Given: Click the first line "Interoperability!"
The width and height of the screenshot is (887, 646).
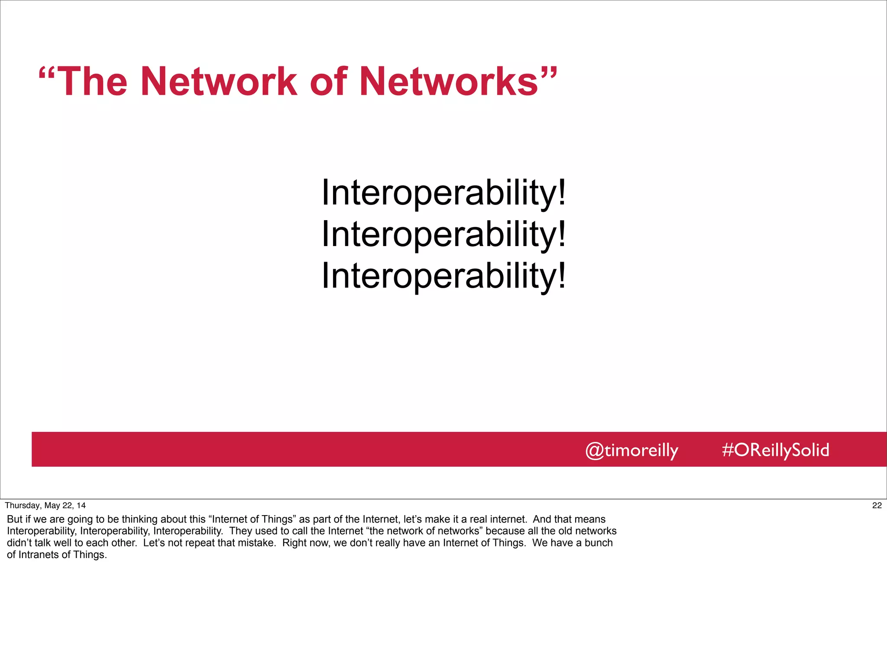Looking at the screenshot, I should coord(443,192).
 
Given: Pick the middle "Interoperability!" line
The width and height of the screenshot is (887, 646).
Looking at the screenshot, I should coord(443,234).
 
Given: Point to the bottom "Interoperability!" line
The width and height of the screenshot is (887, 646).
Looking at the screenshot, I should coord(443,276).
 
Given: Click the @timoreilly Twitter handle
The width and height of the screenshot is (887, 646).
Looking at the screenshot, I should coord(631,450).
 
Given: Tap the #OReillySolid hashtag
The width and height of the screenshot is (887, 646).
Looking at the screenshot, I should coord(775,450).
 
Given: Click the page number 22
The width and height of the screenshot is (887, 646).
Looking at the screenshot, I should coord(877,505).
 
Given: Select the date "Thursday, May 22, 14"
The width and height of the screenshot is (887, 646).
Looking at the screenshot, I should coord(45,505).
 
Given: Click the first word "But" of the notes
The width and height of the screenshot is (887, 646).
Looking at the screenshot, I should coord(14,519).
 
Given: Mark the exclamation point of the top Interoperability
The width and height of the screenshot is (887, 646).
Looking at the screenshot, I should coord(562,192).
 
